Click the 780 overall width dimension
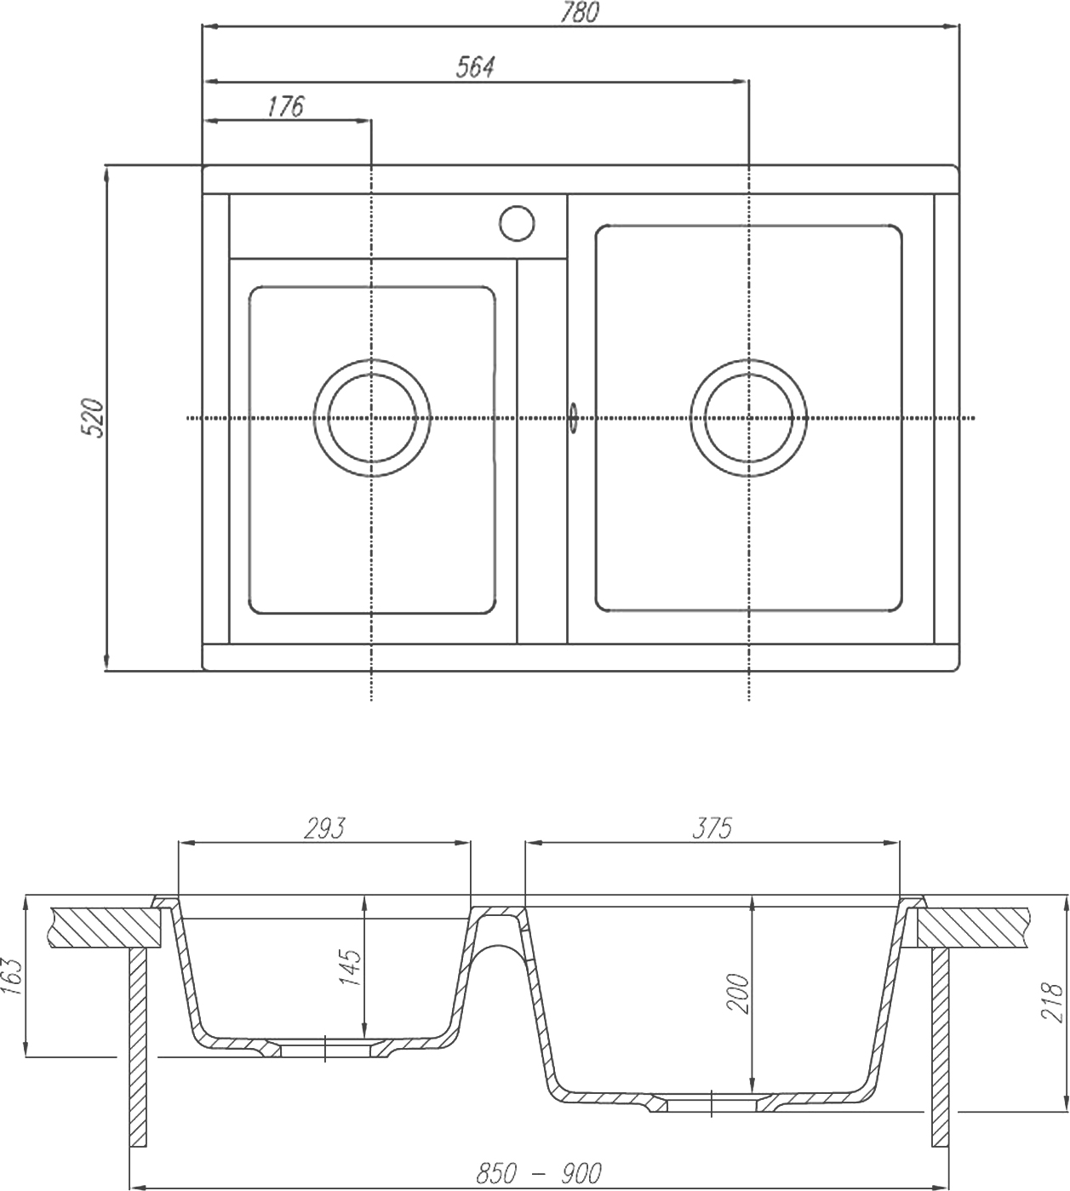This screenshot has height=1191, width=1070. (x=581, y=12)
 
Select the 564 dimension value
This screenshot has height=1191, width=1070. (x=475, y=67)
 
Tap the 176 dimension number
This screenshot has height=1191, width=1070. (x=285, y=106)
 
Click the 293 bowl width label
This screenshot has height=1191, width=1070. (x=324, y=827)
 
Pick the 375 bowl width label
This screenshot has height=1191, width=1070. (x=712, y=827)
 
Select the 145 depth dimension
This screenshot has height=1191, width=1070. (x=351, y=966)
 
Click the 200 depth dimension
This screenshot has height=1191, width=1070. (x=739, y=993)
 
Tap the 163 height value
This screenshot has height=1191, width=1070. (x=12, y=976)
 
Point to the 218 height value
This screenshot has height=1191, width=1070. (x=1052, y=1002)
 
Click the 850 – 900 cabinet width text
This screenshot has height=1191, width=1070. (x=538, y=1174)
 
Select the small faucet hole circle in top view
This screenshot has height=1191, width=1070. (x=516, y=223)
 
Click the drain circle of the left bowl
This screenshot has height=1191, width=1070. (x=372, y=418)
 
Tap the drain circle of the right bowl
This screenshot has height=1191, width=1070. (x=748, y=418)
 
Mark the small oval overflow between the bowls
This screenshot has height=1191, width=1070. (x=573, y=417)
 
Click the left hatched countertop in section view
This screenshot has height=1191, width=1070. (x=106, y=927)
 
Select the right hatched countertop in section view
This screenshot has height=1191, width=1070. (x=975, y=927)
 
